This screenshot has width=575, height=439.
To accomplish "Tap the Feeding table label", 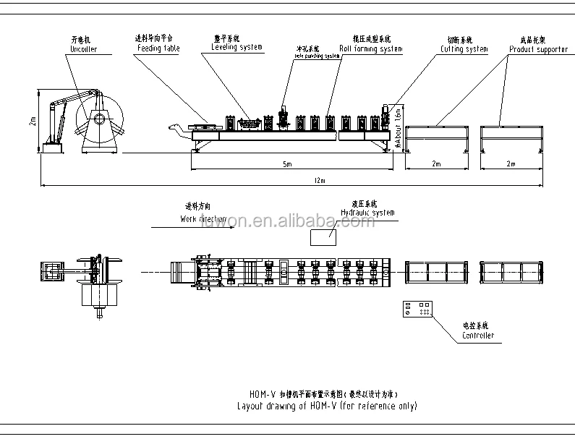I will (158, 49).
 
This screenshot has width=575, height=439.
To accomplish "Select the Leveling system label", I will (237, 48).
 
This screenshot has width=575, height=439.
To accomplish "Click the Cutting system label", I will (464, 49).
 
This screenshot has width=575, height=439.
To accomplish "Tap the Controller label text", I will (478, 336).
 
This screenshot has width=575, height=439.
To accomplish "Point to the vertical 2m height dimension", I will (33, 121).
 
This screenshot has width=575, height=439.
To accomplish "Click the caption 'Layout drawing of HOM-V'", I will (327, 406).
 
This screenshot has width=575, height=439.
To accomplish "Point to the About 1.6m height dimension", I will (397, 125).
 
